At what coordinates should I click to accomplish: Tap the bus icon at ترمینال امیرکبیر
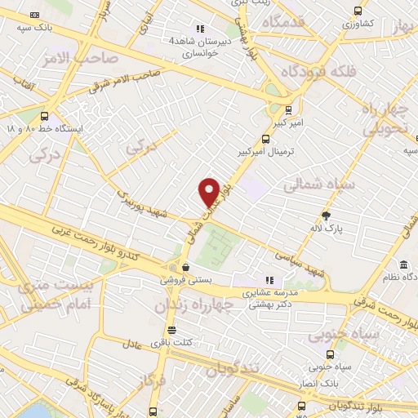[x=265, y=139]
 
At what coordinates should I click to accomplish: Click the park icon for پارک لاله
[x=327, y=216]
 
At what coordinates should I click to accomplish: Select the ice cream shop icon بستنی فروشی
[x=186, y=266]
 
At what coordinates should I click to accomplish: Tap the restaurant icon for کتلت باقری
[x=172, y=330]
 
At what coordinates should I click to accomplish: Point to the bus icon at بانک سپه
[x=33, y=15]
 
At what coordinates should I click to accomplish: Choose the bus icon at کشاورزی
[x=358, y=11]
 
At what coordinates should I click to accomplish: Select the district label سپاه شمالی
[x=321, y=185]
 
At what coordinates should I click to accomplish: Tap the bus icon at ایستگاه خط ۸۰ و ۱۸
[x=44, y=115]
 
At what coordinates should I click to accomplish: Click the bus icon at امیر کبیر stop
[x=287, y=108]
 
